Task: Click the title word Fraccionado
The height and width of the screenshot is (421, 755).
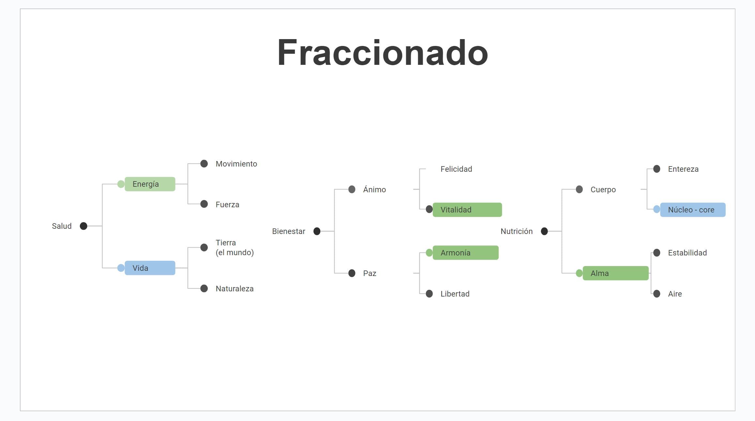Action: click(382, 53)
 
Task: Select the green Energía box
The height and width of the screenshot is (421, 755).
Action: click(150, 184)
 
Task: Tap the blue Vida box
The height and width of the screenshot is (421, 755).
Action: click(150, 268)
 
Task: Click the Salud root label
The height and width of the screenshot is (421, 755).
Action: click(62, 226)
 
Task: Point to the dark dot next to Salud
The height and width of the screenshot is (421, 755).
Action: click(83, 226)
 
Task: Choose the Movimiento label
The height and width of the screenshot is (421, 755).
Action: click(236, 164)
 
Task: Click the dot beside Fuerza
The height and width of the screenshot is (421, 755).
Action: click(204, 204)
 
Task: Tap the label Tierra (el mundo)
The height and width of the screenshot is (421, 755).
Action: click(234, 248)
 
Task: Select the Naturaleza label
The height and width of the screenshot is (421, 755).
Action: click(234, 289)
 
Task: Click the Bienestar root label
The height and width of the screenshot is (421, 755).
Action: click(289, 231)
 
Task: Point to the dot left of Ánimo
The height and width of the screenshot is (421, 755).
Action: click(352, 189)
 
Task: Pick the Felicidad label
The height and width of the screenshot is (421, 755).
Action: click(456, 169)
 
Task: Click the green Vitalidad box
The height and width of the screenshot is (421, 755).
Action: click(467, 210)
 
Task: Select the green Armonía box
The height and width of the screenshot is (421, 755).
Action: click(465, 253)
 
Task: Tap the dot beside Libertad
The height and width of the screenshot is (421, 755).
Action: click(430, 294)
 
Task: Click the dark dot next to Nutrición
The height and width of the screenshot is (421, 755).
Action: click(544, 231)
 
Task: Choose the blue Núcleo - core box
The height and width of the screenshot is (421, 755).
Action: click(693, 210)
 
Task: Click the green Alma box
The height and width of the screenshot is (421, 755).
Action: click(615, 273)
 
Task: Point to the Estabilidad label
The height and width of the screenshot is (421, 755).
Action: click(687, 253)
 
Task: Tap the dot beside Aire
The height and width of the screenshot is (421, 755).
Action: click(657, 294)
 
